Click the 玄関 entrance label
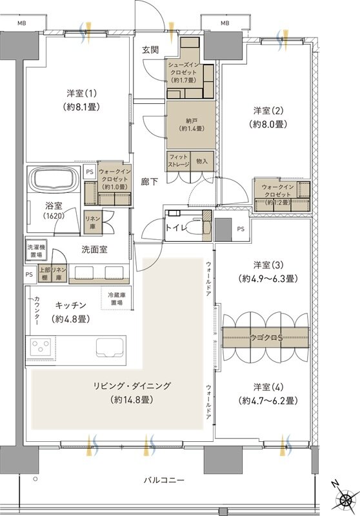pyautogui.click(x=152, y=50)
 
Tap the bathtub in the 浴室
pyautogui.click(x=54, y=180)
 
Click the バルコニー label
pyautogui.click(x=164, y=481)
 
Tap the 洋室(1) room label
pyautogui.click(x=81, y=98)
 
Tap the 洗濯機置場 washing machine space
pyautogui.click(x=36, y=250)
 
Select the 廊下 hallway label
pyautogui.click(x=150, y=182)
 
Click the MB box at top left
pyautogui.click(x=22, y=24)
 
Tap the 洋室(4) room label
pyautogui.click(x=266, y=393)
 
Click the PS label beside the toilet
pyautogui.click(x=241, y=228)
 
